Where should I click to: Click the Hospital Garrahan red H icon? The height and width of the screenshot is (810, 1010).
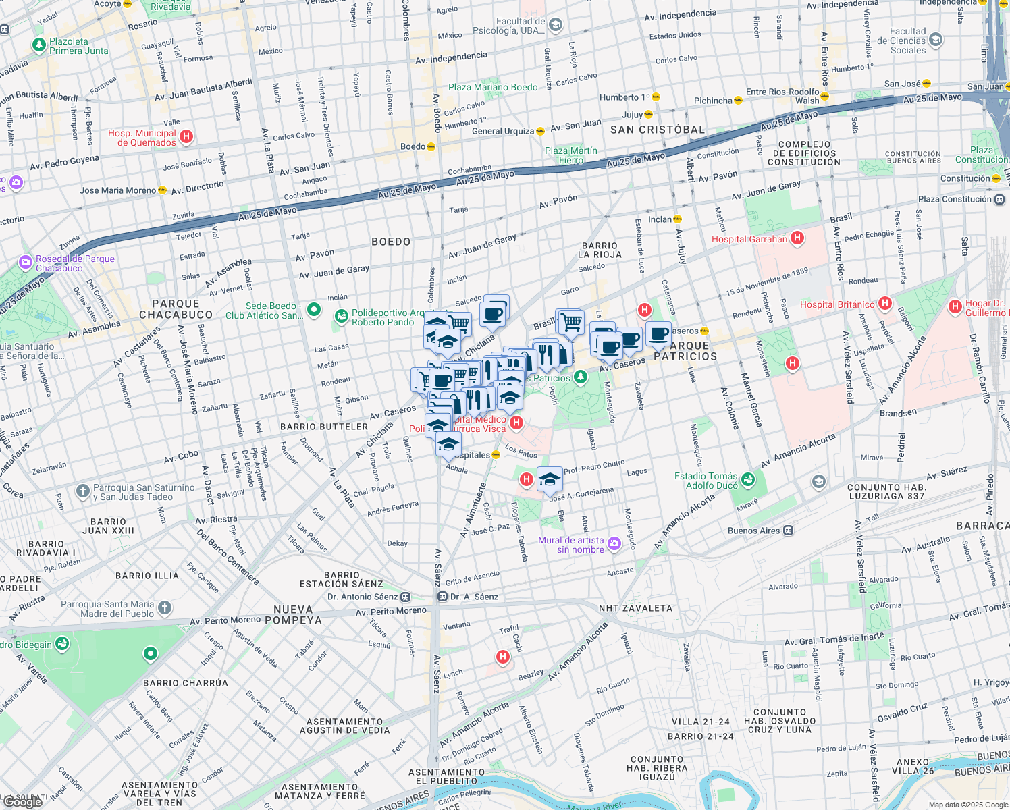point(797,238)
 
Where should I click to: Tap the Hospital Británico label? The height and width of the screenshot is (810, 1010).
point(837,304)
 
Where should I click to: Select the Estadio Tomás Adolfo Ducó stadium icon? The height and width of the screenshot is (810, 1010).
point(748,480)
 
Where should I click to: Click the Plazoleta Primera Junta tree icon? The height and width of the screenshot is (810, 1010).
point(39,45)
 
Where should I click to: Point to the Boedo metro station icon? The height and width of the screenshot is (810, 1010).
point(431,146)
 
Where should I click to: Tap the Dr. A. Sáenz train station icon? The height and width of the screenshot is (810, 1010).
point(442,597)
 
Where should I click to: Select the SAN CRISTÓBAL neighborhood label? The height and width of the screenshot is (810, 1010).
point(657,130)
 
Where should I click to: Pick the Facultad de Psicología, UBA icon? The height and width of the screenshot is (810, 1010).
point(556,26)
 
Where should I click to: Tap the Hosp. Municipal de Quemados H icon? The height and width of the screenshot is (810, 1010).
point(187,137)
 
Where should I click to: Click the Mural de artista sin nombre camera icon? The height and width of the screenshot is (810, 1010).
point(614,544)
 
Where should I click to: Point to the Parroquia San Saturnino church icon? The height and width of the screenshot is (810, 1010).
point(83,491)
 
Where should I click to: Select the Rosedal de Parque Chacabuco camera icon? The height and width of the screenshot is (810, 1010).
point(26,262)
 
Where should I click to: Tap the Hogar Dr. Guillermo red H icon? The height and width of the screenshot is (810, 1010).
point(955,307)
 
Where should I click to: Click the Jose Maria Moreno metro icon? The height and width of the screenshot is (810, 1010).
point(162,190)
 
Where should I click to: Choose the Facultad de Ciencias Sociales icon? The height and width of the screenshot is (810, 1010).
point(936,40)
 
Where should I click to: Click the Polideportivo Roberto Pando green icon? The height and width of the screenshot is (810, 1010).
point(342,316)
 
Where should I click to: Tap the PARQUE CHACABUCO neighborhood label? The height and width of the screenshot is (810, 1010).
point(176,309)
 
